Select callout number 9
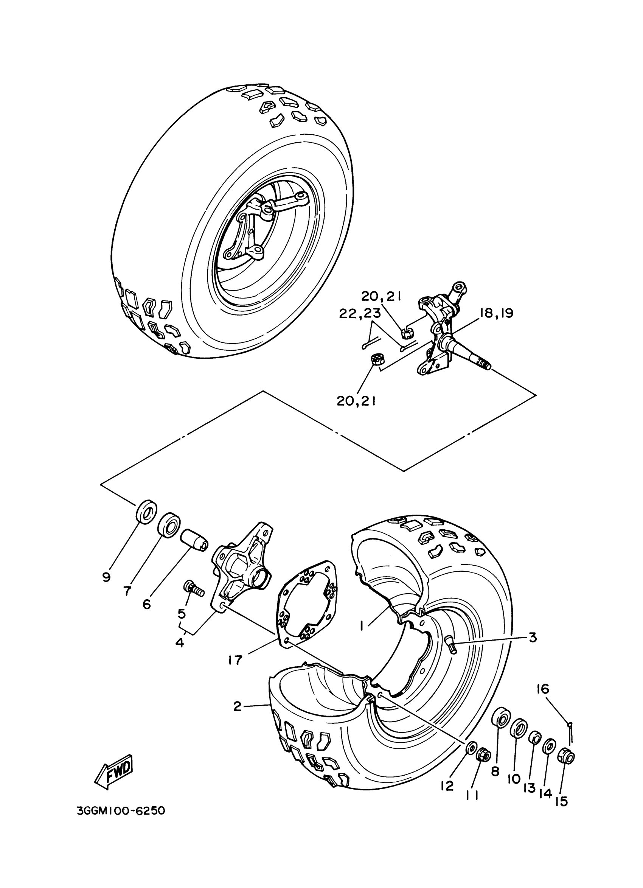point(106,577)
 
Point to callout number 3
point(532,638)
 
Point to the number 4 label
point(180,642)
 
